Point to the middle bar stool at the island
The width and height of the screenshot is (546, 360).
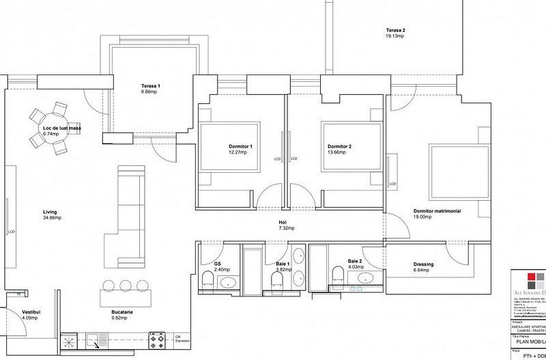124,286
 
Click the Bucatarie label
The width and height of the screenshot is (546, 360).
121,311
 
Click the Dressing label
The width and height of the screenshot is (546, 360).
423,264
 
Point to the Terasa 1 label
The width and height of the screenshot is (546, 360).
150,85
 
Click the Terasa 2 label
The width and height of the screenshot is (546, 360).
396,30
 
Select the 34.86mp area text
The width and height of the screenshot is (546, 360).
52,218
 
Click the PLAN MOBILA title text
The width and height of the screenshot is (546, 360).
528,345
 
